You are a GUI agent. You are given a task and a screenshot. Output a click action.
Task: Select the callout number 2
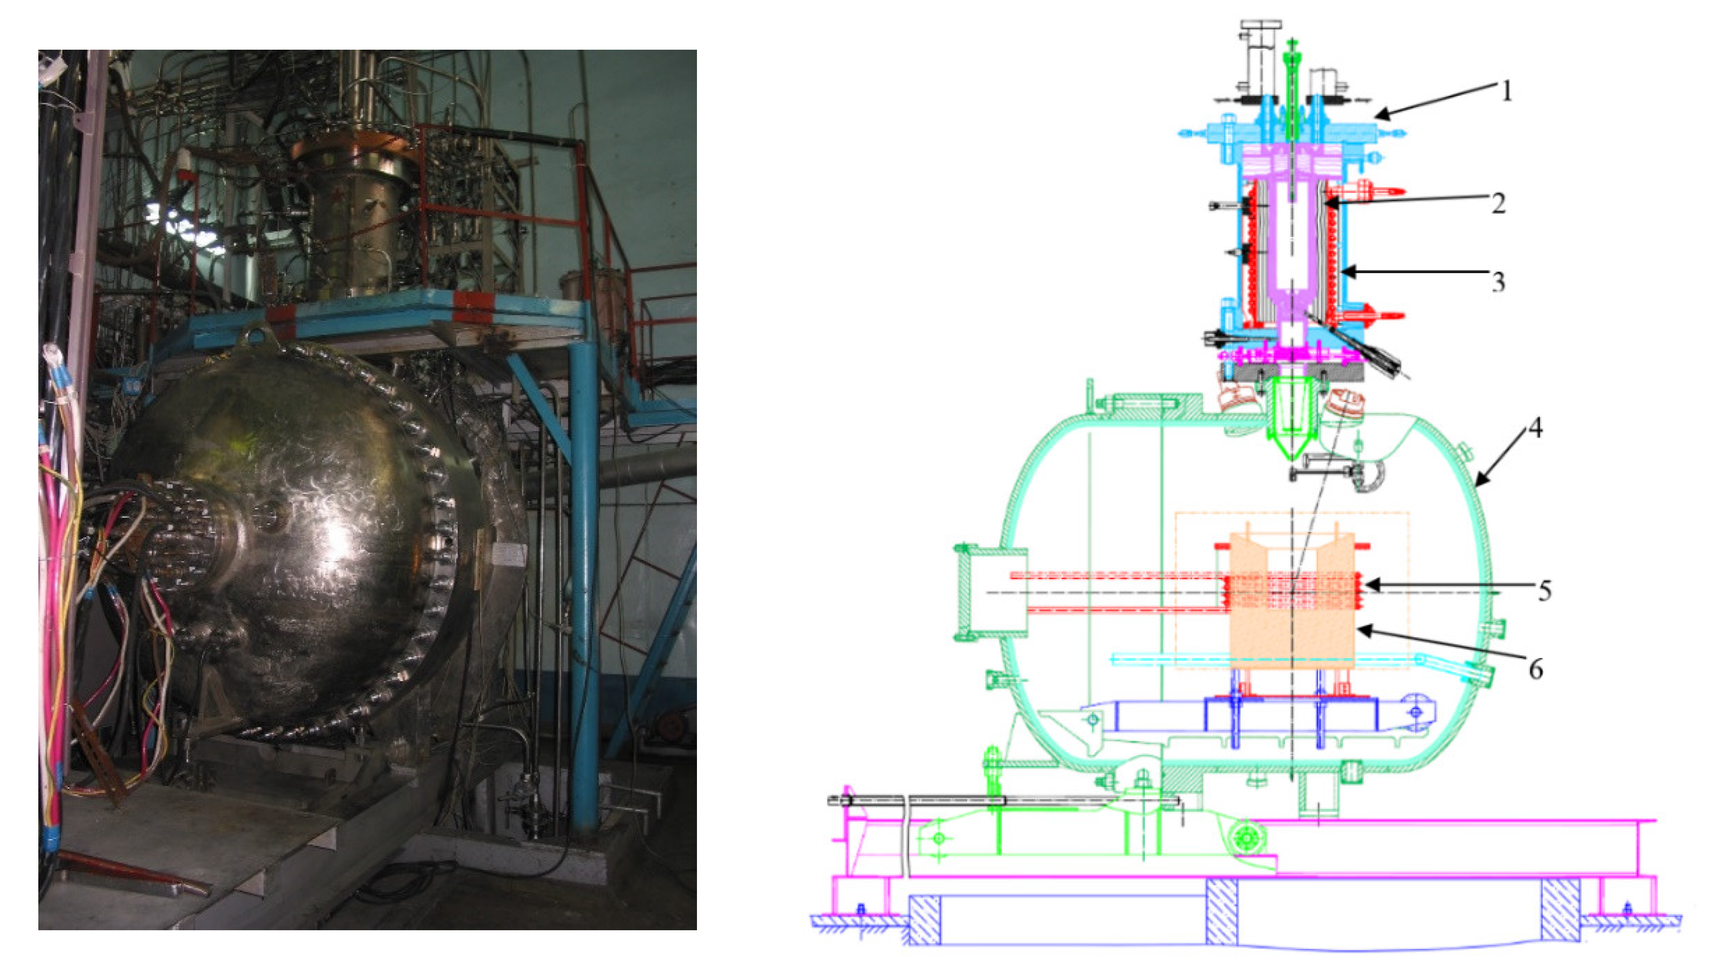pos(1498,203)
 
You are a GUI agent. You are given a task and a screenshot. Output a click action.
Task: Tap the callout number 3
pos(1498,282)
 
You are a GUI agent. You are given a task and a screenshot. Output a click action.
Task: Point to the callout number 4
pos(1534,428)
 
